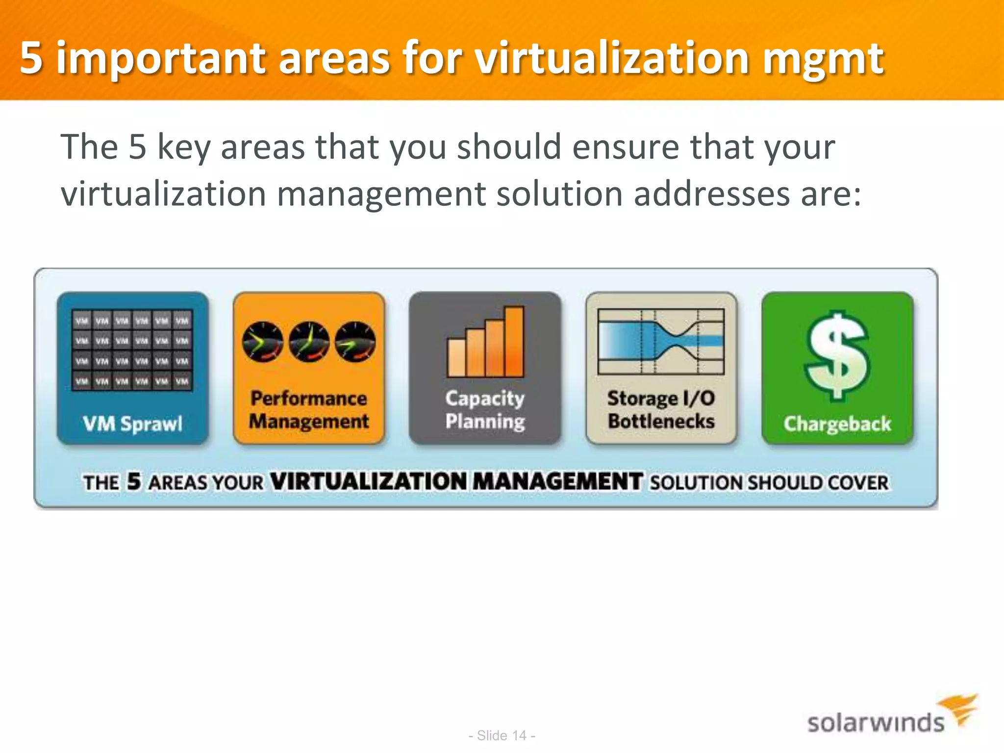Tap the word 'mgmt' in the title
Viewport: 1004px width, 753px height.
point(824,60)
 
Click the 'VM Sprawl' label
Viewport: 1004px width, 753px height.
point(132,424)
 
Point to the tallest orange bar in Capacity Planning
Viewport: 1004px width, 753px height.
point(514,341)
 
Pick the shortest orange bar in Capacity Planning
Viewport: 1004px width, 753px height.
point(456,357)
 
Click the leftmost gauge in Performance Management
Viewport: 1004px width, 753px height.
point(263,342)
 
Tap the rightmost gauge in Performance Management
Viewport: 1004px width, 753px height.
point(355,342)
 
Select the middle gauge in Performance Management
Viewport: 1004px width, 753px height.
point(309,342)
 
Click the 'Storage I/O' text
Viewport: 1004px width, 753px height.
point(661,399)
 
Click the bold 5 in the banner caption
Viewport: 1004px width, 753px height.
point(134,481)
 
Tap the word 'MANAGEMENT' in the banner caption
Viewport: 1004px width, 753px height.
point(557,481)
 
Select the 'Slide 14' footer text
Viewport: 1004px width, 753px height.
point(502,735)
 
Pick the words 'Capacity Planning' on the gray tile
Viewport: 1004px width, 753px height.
point(485,410)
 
